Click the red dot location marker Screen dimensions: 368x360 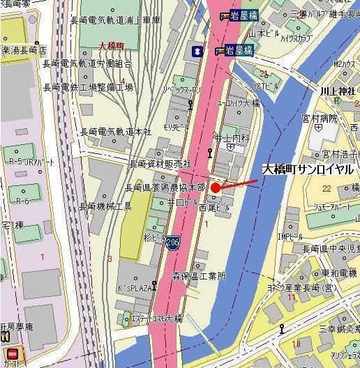216,187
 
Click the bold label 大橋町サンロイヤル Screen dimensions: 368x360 308,169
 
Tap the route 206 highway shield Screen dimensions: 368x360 172,242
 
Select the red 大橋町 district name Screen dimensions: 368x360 111,45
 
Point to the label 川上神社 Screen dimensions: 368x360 338,91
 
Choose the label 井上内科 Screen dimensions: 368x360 231,138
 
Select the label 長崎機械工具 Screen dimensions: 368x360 105,206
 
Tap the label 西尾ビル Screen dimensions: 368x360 213,207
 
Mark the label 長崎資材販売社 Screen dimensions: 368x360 160,164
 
